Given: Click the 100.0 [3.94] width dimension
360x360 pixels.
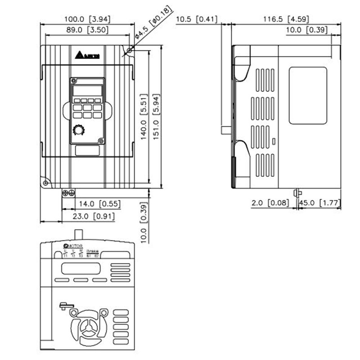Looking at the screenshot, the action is click(x=87, y=19).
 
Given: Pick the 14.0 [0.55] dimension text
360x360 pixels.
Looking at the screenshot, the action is click(x=101, y=204).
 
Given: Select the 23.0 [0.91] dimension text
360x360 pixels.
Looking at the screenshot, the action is click(x=94, y=216).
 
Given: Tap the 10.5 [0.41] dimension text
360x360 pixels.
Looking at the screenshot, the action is click(x=197, y=19).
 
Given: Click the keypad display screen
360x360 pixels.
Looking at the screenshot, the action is click(x=87, y=91).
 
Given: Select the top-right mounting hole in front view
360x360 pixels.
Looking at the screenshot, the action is click(x=130, y=51).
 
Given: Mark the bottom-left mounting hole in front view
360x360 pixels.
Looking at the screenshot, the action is click(x=45, y=183).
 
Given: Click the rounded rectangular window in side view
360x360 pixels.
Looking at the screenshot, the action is click(x=307, y=95).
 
